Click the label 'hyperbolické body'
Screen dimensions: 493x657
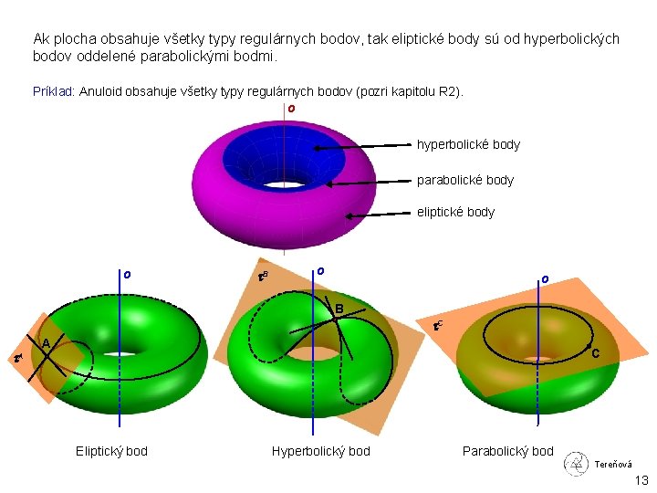pyautogui.click(x=468, y=144)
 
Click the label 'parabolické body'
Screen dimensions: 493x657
pyautogui.click(x=465, y=180)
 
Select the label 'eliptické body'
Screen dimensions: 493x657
pyautogui.click(x=455, y=212)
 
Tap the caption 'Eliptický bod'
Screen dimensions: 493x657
pyautogui.click(x=111, y=451)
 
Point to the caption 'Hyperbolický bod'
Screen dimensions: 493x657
pyautogui.click(x=321, y=451)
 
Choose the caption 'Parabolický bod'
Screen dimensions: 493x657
pyautogui.click(x=507, y=451)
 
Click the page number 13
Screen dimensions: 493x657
pyautogui.click(x=641, y=481)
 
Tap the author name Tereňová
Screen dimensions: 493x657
pyautogui.click(x=613, y=465)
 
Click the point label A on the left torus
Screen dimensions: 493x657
pyautogui.click(x=45, y=342)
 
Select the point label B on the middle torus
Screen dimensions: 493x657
pyautogui.click(x=339, y=309)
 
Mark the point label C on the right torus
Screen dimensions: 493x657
pyautogui.click(x=595, y=353)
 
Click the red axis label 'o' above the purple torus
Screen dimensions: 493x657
pyautogui.click(x=290, y=109)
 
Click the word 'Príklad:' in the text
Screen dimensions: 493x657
pyautogui.click(x=54, y=92)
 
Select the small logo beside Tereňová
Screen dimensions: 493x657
pyautogui.click(x=575, y=463)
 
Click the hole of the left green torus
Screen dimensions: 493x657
pyautogui.click(x=120, y=352)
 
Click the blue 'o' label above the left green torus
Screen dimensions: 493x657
pyautogui.click(x=127, y=274)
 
